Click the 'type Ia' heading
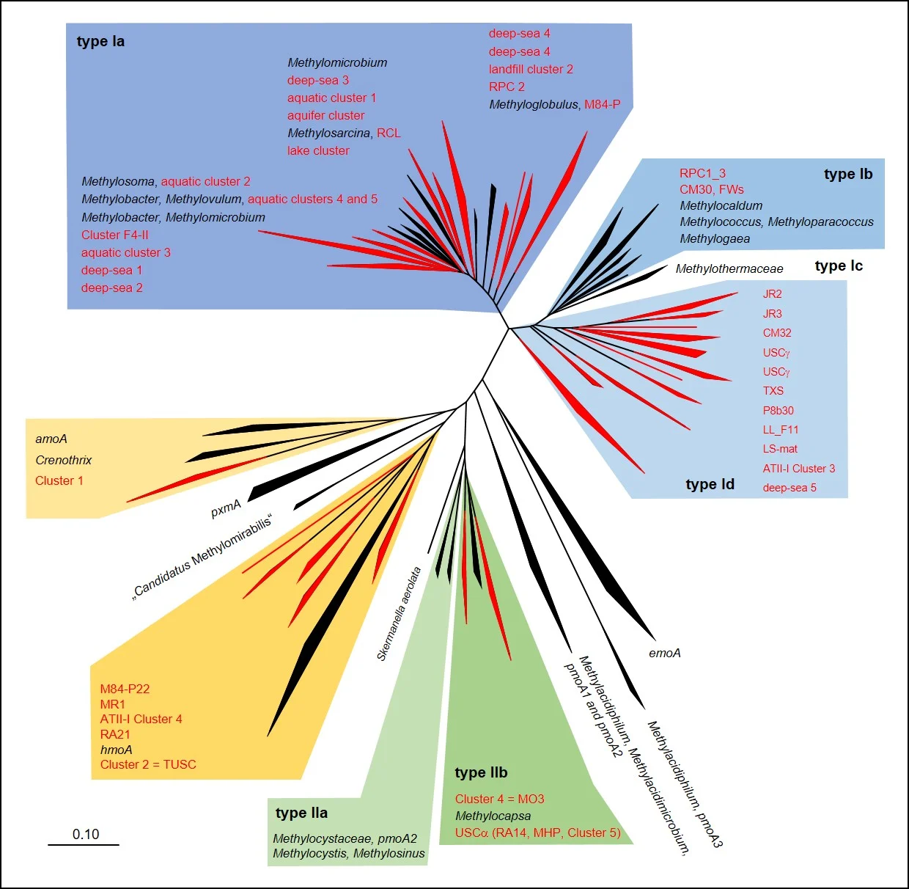pos(100,41)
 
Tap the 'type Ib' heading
pos(848,174)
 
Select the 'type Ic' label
pos(839,266)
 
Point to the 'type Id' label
pos(710,484)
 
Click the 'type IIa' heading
pos(301,813)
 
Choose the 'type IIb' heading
pos(481,772)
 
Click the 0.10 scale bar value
pos(86,834)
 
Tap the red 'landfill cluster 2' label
pos(531,69)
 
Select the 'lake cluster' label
pos(318,150)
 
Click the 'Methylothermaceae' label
pos(729,268)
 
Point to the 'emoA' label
pos(665,653)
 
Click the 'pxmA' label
pos(226,508)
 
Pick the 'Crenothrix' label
pos(64,460)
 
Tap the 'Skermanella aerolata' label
pos(399,614)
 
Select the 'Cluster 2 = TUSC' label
pos(148,764)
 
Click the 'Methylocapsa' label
pos(493,816)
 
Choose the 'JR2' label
pos(773,294)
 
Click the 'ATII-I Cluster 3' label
pos(798,468)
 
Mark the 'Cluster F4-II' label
pos(115,235)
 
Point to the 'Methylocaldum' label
pos(721,205)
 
